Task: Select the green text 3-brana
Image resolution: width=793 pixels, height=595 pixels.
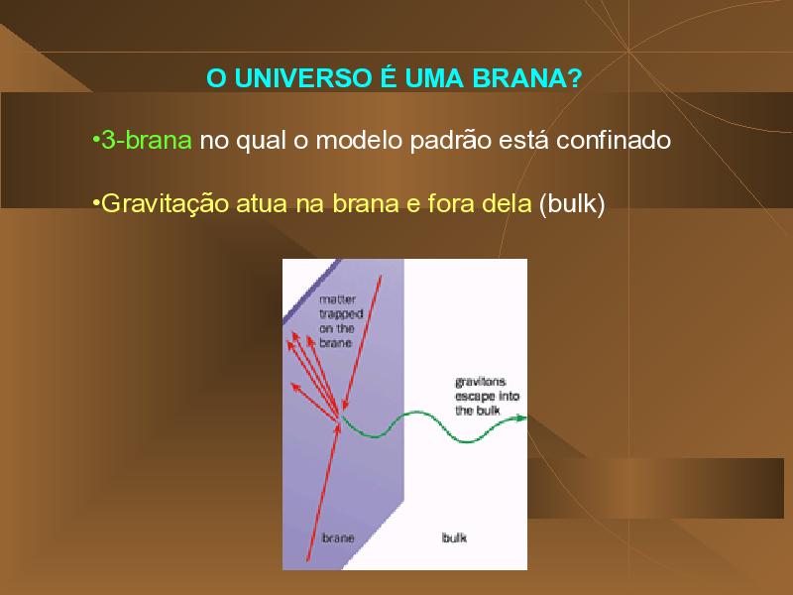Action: click(x=147, y=140)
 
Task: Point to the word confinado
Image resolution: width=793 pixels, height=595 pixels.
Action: click(x=614, y=140)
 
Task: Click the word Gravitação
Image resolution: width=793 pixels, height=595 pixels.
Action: click(x=165, y=204)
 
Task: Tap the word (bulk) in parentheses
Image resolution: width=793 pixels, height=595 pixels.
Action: click(x=572, y=204)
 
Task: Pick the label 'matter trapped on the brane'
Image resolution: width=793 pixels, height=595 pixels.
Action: click(x=341, y=321)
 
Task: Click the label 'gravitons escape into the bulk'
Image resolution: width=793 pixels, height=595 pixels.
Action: click(x=487, y=396)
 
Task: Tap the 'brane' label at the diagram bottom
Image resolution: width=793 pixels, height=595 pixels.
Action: click(x=338, y=537)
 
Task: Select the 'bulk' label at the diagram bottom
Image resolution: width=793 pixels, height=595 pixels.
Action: click(x=454, y=537)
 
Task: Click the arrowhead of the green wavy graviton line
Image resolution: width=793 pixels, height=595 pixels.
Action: click(x=522, y=417)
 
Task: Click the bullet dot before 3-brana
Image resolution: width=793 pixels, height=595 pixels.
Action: click(x=95, y=140)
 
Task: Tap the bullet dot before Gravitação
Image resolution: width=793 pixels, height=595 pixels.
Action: click(x=95, y=203)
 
